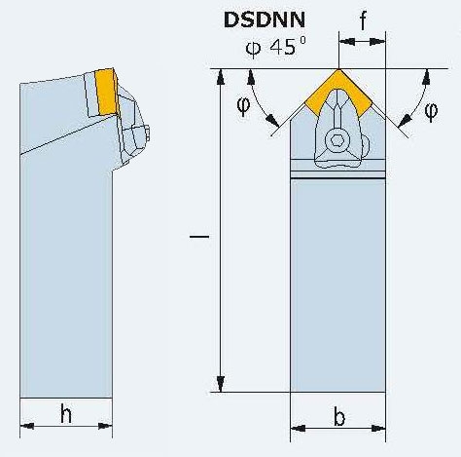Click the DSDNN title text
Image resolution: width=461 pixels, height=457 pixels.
pos(265,19)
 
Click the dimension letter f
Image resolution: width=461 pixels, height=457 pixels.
pos(363,20)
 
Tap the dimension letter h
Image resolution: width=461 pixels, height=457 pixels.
pos(66,413)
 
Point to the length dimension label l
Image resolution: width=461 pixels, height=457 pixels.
pos(199,237)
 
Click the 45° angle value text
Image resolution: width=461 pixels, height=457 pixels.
pos(288,47)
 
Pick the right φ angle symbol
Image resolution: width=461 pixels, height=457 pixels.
pos(431,111)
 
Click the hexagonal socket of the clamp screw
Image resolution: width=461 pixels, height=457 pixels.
pos(337,141)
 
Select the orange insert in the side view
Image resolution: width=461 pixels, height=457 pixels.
pos(106,92)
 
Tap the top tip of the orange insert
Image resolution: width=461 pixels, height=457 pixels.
pos(338,69)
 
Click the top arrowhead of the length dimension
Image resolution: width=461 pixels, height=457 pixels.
pos(221,77)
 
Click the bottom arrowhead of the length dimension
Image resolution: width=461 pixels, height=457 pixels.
pos(221,384)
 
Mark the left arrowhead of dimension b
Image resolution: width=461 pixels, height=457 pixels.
pos(298,429)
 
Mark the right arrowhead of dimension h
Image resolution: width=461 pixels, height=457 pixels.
pos(105,426)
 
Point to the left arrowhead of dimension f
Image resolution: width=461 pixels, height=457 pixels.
pos(346,42)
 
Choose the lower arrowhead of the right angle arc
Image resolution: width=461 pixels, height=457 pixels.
pos(404,122)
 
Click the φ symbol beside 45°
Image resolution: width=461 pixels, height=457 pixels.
pos(253,48)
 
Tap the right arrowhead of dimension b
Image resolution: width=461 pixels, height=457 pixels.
pos(378,429)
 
